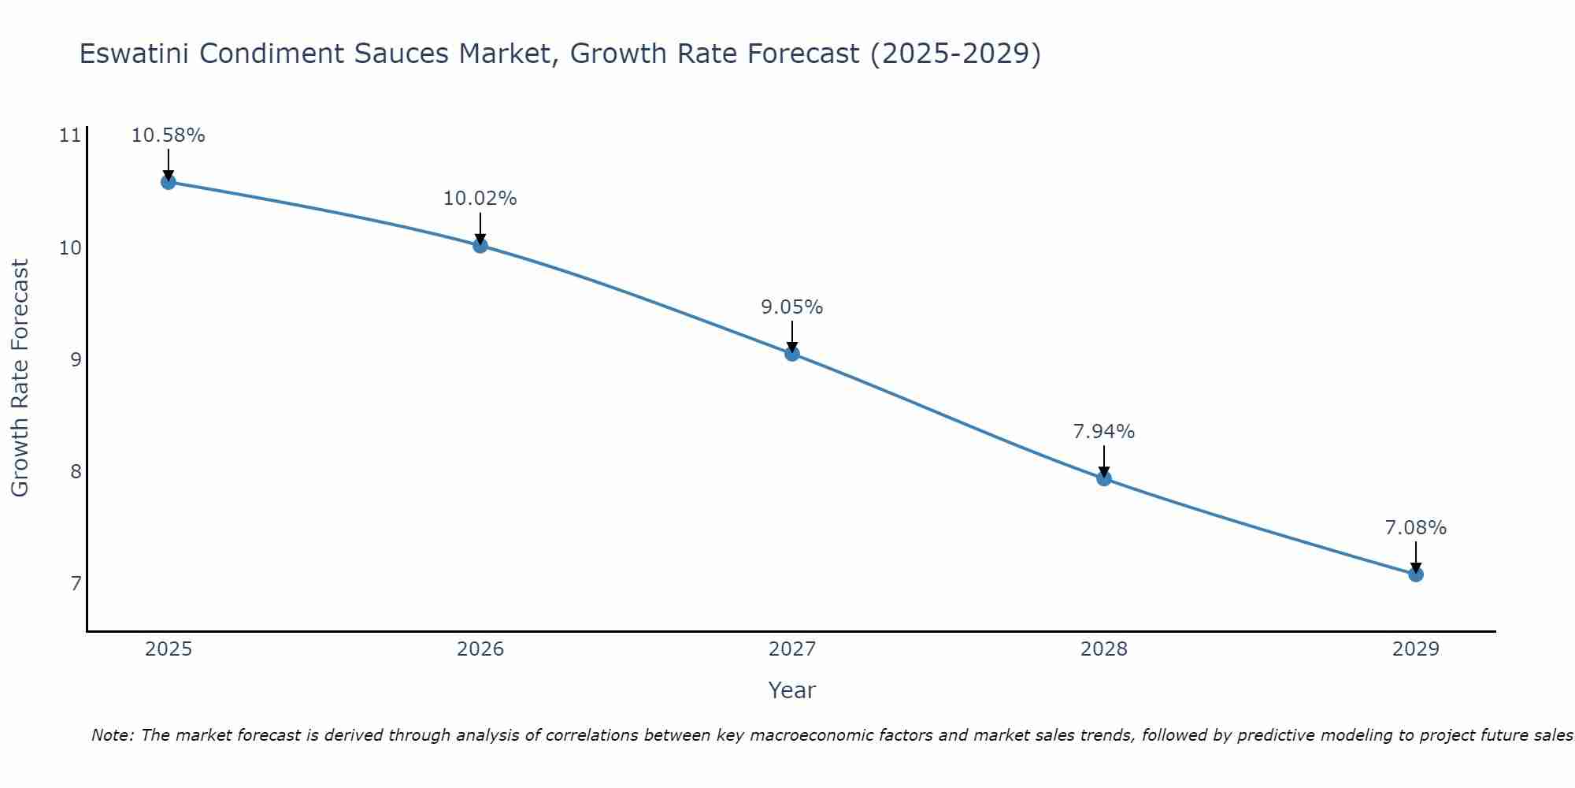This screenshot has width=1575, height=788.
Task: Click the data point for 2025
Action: [168, 182]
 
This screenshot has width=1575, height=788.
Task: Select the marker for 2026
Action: [480, 245]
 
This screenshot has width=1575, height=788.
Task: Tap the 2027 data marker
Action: [792, 354]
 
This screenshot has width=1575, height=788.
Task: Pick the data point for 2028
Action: [1104, 478]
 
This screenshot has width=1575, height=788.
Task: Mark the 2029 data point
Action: [1416, 574]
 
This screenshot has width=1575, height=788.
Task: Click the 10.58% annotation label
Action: [168, 136]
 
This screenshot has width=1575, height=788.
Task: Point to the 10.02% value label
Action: [480, 199]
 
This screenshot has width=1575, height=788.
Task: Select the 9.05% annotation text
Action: [791, 307]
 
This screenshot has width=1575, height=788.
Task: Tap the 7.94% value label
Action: [1103, 432]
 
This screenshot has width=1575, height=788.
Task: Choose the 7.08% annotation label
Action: [1415, 528]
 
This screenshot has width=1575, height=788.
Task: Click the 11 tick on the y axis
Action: [70, 136]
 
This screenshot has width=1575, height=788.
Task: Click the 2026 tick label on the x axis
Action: [480, 649]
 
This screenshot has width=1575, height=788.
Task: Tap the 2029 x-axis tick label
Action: [1416, 649]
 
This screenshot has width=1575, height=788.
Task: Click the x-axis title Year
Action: [791, 690]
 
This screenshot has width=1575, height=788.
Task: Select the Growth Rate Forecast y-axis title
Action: [20, 378]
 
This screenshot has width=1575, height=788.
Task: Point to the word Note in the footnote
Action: [113, 735]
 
